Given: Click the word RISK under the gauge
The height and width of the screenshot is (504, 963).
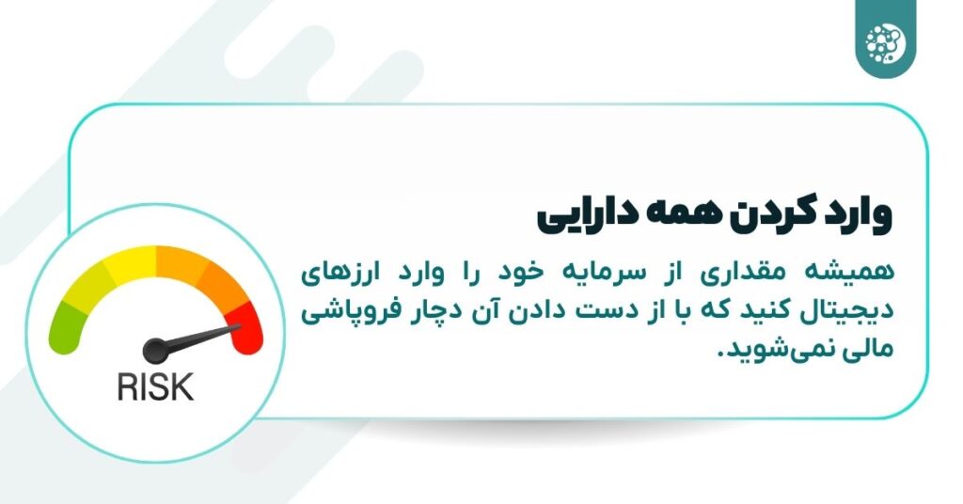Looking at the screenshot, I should point(155,386).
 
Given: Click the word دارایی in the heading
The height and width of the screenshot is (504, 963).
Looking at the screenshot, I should point(590,214).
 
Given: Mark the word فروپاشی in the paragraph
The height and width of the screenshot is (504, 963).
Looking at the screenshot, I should point(347,311).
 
